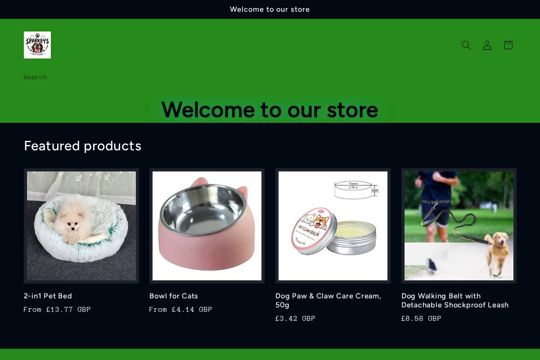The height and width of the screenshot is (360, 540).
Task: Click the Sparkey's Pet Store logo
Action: click(x=37, y=45)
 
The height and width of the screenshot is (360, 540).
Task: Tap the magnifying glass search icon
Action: click(x=466, y=45)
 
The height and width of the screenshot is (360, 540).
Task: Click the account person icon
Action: click(x=487, y=45)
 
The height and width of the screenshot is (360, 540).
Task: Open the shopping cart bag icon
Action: click(x=508, y=45)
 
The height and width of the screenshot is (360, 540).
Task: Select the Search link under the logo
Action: click(x=35, y=77)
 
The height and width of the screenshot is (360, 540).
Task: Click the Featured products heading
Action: click(x=82, y=146)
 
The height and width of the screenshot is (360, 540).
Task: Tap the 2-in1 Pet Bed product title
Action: click(x=48, y=296)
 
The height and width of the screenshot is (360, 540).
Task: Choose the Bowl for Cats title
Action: click(x=174, y=296)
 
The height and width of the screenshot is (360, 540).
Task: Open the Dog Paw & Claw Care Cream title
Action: click(x=328, y=300)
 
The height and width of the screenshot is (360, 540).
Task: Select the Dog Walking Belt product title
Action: click(x=454, y=300)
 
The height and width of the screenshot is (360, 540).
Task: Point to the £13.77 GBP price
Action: click(x=68, y=310)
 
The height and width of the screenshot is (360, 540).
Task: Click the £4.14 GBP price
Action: click(x=192, y=310)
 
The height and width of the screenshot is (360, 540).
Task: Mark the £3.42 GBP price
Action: click(x=295, y=319)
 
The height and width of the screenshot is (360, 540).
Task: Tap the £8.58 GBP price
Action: click(x=421, y=319)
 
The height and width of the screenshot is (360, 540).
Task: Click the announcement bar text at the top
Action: click(x=270, y=9)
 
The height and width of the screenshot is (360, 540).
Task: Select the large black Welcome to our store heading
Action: click(x=270, y=110)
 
